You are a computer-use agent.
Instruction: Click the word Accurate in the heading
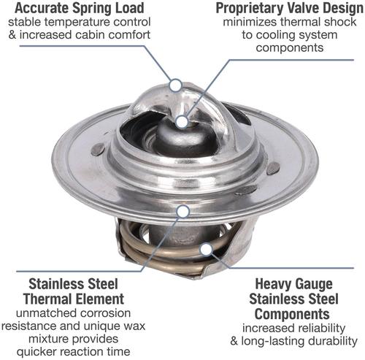coord(42,8)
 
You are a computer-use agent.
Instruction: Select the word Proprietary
coord(250,9)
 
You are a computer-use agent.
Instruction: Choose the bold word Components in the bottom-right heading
coord(292,314)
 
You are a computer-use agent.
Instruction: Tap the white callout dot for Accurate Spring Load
coord(175,85)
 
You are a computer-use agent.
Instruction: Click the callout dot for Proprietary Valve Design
coord(182,122)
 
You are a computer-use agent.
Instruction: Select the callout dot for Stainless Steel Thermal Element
coord(183,212)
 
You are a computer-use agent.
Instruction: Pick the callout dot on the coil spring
coord(207,249)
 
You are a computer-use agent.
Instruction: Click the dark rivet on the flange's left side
coord(98,149)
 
